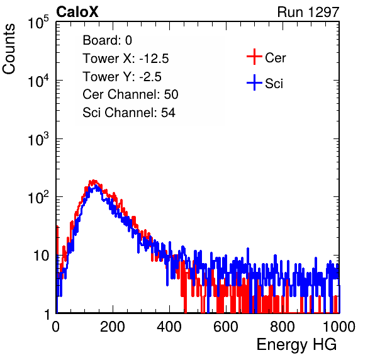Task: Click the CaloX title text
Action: (x=77, y=12)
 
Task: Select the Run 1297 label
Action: (x=308, y=12)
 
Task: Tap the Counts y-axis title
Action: (x=9, y=49)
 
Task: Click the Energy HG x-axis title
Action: (x=296, y=345)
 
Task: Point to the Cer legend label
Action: (x=275, y=58)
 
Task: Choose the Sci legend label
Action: (x=274, y=84)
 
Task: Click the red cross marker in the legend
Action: (x=254, y=57)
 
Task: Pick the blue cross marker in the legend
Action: (x=254, y=82)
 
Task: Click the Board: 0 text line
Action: (x=107, y=40)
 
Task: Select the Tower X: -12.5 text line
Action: (x=126, y=59)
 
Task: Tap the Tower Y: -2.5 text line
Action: (x=122, y=77)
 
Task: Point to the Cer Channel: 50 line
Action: (x=130, y=94)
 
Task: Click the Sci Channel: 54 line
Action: (x=129, y=113)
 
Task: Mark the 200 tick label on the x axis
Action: (x=113, y=327)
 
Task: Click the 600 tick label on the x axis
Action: (x=226, y=327)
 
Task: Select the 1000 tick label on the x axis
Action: (x=339, y=327)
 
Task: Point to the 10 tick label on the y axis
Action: (x=42, y=256)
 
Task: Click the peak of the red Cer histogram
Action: (x=94, y=181)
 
